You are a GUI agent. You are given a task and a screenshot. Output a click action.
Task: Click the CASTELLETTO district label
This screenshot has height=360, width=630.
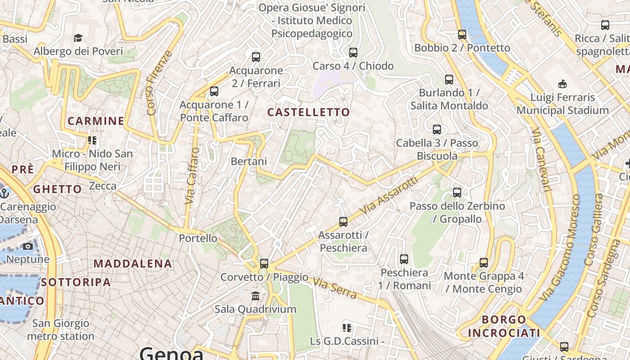[309, 112]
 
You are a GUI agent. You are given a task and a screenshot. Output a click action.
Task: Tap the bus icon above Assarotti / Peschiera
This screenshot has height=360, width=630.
[343, 221]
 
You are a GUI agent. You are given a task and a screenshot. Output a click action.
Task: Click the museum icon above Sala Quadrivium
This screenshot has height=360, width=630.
[256, 296]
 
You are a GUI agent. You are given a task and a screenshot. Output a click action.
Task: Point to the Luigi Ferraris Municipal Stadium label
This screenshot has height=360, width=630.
[562, 103]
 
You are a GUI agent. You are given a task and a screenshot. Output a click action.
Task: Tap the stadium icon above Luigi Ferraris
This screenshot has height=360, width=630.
[562, 84]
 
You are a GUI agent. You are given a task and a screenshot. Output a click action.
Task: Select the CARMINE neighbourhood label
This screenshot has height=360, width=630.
[96, 121]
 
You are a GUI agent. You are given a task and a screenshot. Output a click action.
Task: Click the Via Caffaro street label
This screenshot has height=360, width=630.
[192, 176]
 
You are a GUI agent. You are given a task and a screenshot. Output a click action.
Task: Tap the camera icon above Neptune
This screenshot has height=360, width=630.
[28, 246]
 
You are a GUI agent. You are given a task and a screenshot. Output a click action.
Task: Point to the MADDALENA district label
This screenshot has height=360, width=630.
[133, 263]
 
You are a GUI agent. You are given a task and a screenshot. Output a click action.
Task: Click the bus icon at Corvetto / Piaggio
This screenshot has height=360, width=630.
[264, 263]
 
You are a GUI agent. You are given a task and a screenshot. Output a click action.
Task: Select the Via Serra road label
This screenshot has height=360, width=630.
[335, 289]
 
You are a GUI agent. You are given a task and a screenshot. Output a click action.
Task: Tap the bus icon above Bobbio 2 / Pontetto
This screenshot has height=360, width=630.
[462, 34]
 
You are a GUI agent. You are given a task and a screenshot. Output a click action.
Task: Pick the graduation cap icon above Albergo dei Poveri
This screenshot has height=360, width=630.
[78, 38]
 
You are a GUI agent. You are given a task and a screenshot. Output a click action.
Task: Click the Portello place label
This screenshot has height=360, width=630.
[198, 238]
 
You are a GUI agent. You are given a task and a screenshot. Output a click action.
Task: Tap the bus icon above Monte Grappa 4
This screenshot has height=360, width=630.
[484, 262]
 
